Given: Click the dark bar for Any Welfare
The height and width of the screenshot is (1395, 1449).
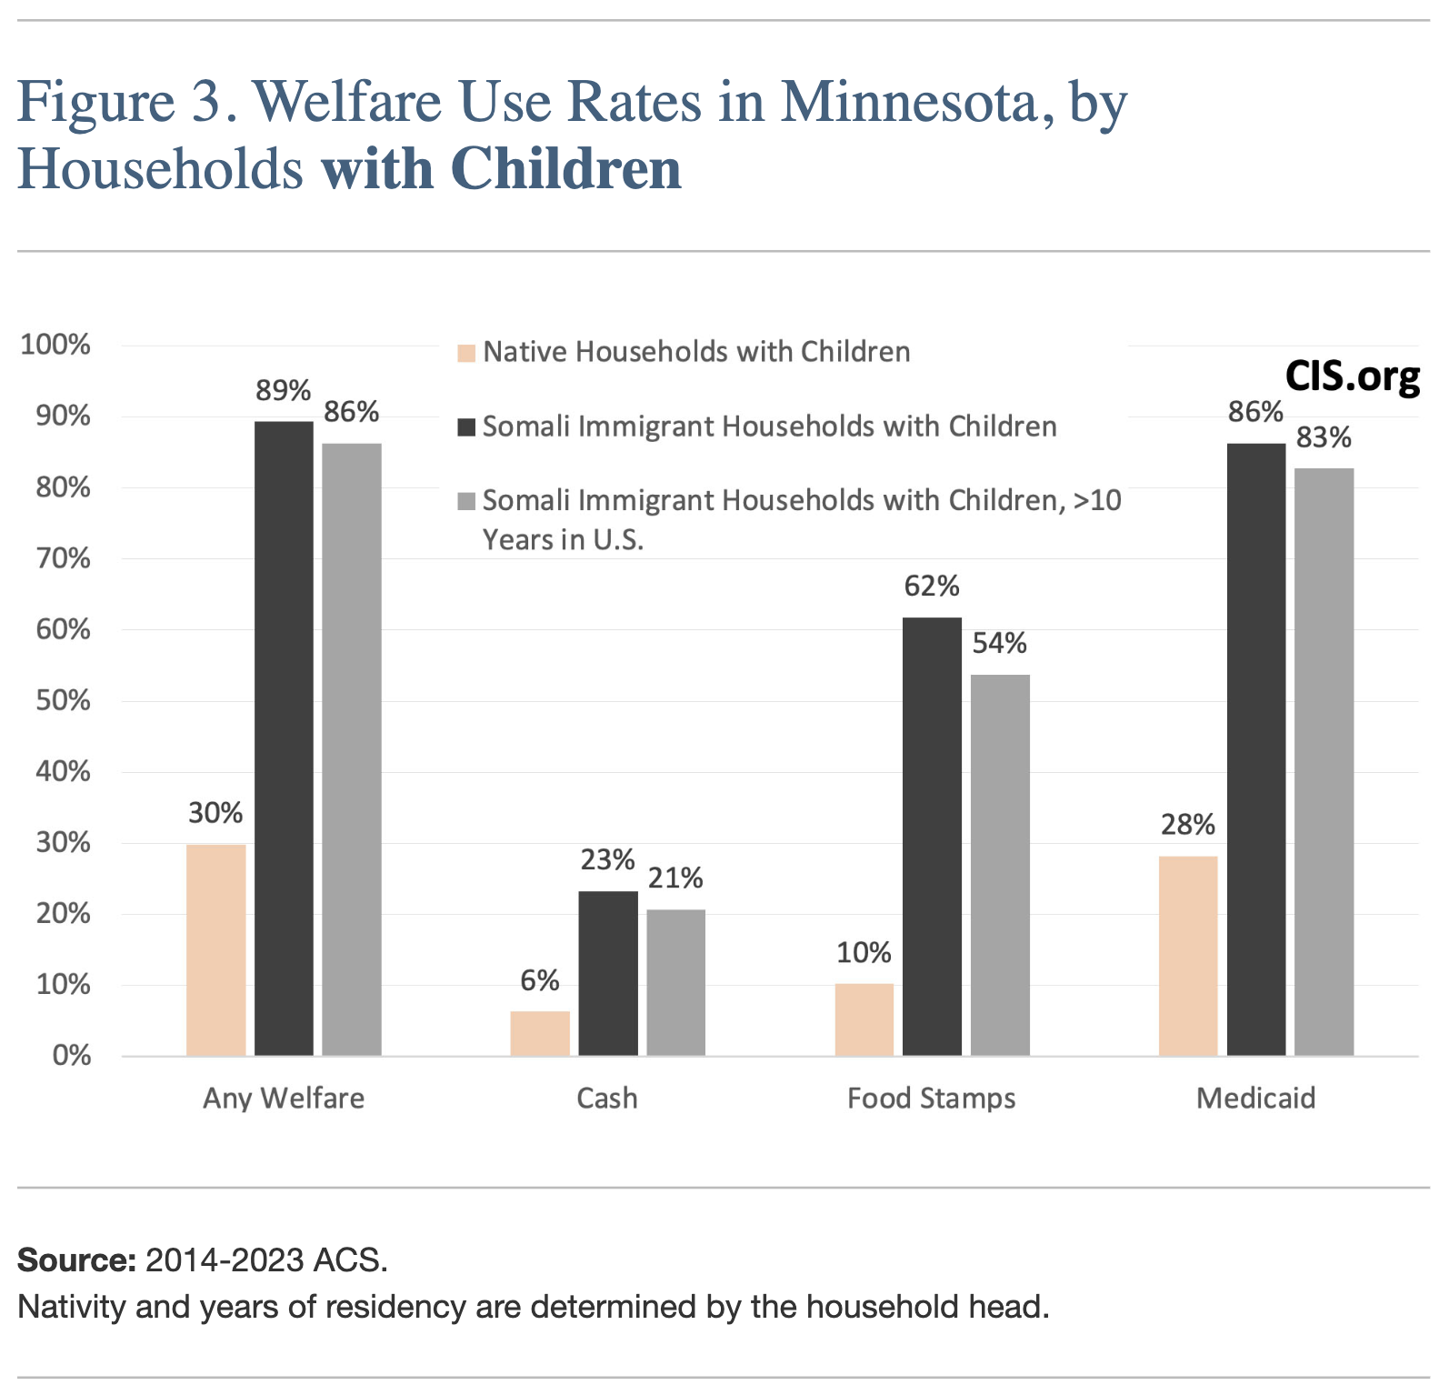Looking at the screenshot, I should click(x=284, y=738).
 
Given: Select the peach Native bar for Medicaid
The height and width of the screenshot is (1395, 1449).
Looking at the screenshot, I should click(x=1188, y=955).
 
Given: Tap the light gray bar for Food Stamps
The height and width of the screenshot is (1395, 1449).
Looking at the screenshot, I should click(x=1000, y=864).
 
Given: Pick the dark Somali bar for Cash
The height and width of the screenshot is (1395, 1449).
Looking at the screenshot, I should click(x=608, y=973).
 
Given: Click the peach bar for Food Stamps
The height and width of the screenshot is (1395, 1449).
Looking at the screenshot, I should click(x=864, y=1019).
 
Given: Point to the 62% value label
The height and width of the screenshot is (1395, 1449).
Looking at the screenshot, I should click(x=932, y=587).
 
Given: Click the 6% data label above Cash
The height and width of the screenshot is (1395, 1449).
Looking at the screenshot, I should click(x=540, y=980).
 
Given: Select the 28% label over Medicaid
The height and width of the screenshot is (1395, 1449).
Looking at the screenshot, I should click(x=1188, y=825).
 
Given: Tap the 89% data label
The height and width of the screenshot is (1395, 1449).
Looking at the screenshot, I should click(x=284, y=391).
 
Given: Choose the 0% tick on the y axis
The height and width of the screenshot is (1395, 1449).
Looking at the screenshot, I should click(x=71, y=1056).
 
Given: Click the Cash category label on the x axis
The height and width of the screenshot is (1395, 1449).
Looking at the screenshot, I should click(x=607, y=1099).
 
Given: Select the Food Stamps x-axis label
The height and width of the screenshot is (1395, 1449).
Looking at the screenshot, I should click(x=932, y=1099).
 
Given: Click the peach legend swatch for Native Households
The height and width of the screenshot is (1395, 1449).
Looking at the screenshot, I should click(x=466, y=353).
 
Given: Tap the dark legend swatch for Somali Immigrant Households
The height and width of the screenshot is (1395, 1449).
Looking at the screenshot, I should click(x=466, y=427).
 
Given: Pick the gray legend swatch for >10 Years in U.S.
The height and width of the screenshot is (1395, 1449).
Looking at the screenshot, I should click(x=466, y=501).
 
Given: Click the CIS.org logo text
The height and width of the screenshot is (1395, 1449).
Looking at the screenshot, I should click(x=1352, y=376).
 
